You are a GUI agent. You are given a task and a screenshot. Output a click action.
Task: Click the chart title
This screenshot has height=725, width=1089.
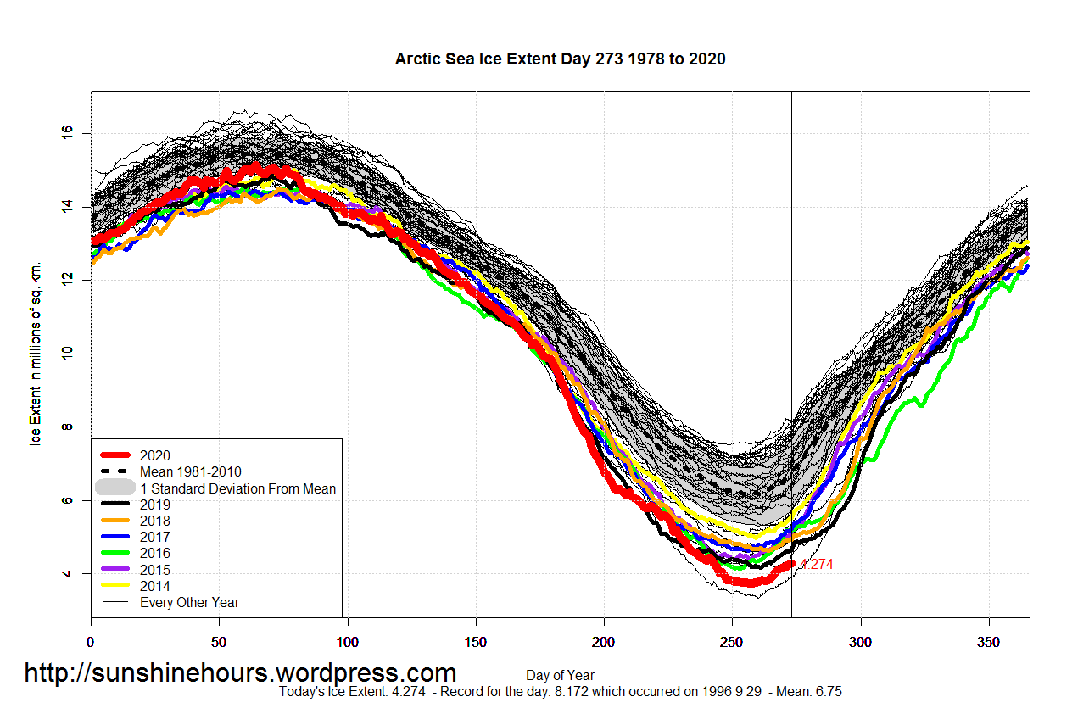(x=560, y=59)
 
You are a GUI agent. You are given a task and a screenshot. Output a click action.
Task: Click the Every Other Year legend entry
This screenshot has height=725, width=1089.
(x=189, y=603)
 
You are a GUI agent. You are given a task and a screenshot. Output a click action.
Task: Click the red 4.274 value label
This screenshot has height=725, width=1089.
(x=817, y=565)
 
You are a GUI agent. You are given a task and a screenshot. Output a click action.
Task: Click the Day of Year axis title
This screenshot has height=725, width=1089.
(x=560, y=676)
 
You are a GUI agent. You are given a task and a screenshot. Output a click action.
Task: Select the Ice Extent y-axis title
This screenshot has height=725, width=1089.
(x=36, y=353)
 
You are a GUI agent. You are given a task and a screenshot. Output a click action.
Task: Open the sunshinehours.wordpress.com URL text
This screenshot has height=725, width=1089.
(x=240, y=673)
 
